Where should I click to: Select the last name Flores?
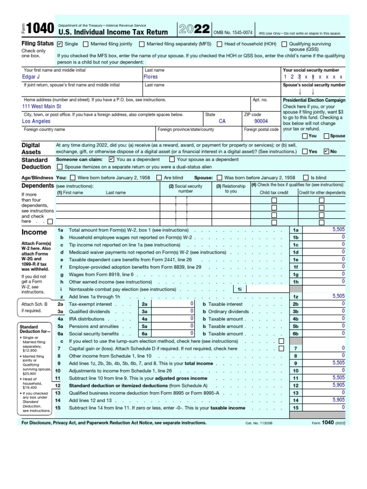pyautogui.click(x=151, y=76)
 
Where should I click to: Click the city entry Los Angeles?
pyautogui.click(x=36, y=121)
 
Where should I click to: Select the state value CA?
pyautogui.click(x=222, y=121)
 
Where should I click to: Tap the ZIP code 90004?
pyautogui.click(x=261, y=121)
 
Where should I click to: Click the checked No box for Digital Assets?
pyautogui.click(x=326, y=151)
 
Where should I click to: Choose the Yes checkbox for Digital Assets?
pyautogui.click(x=305, y=151)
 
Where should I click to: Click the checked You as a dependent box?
pyautogui.click(x=111, y=159)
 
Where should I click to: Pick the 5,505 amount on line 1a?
pyautogui.click(x=338, y=230)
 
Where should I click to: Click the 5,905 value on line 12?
pyautogui.click(x=338, y=385)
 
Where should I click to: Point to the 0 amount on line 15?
pyautogui.click(x=343, y=407)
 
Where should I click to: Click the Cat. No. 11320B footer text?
pyautogui.click(x=259, y=423)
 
